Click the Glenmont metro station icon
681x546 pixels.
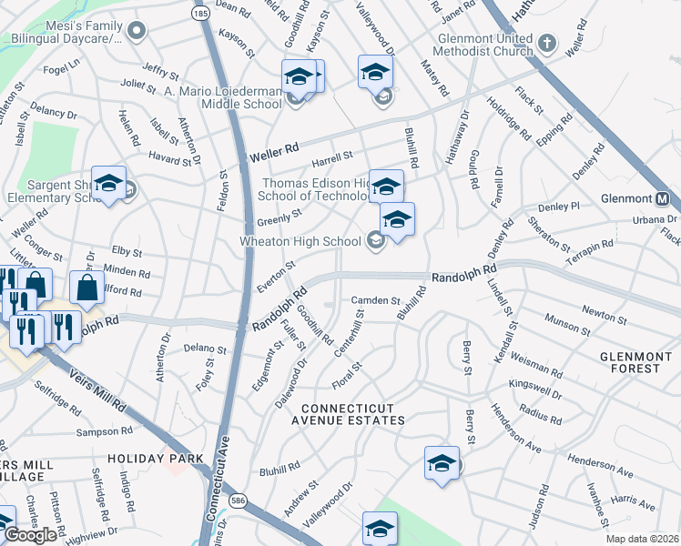tap(662, 198)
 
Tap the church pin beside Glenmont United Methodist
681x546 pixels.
tap(546, 42)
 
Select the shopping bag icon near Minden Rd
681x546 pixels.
tap(87, 290)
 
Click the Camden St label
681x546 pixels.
tap(376, 300)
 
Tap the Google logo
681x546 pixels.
tap(30, 535)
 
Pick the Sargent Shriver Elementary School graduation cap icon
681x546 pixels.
tap(108, 185)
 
